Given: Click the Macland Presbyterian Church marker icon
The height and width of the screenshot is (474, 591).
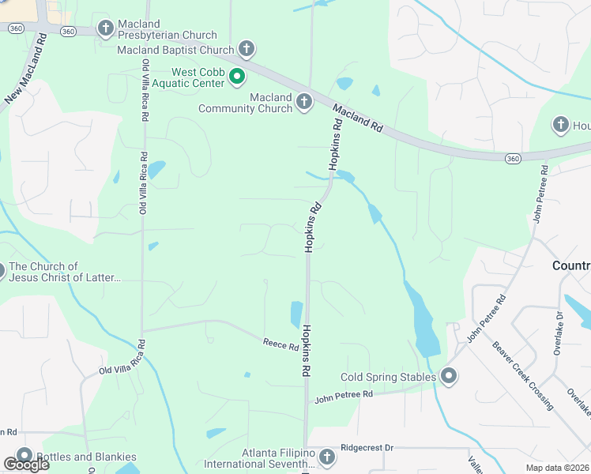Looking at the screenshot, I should coord(105,29).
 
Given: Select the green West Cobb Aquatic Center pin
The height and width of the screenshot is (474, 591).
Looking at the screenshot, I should coord(236,77).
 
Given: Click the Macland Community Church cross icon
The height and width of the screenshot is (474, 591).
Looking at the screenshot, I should coord(304,102).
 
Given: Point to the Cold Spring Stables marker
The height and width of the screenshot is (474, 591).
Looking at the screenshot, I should coord(449,377).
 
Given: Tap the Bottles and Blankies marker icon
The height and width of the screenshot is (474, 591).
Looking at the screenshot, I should coord(24,457).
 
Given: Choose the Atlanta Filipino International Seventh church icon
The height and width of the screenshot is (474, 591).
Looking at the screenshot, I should coord(327,457).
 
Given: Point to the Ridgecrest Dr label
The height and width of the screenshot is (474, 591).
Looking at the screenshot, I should coord(367,447).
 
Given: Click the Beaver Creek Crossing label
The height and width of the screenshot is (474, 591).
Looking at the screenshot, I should coord(522,375).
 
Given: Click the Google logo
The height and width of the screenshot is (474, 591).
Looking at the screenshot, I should coord(25,465).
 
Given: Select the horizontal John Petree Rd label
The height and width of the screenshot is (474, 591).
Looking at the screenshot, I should coord(344,394).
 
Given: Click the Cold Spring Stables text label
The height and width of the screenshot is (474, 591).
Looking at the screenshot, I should coord(388,377).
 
